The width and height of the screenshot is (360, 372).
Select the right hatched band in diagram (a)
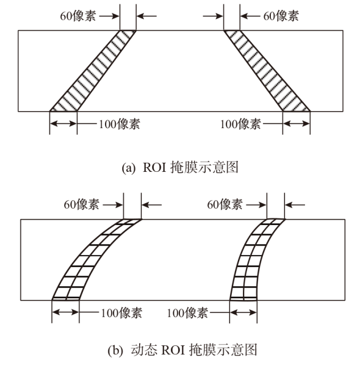point(267,71)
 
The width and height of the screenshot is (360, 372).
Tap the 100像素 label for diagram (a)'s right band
point(241,124)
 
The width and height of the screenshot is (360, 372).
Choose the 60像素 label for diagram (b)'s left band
point(82,204)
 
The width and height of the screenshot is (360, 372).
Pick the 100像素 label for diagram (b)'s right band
point(189,312)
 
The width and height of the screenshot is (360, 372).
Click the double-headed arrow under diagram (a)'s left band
point(63,124)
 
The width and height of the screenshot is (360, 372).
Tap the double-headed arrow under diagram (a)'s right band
point(296,124)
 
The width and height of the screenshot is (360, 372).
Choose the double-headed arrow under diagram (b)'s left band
point(65,312)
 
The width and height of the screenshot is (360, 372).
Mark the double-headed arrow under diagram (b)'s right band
point(243,312)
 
